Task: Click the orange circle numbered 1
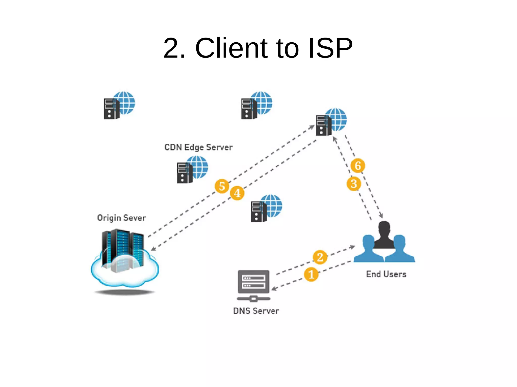click(x=311, y=274)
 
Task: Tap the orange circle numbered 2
click(x=320, y=257)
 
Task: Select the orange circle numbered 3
click(x=354, y=184)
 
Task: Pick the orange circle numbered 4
click(x=237, y=193)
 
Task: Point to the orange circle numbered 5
click(x=222, y=186)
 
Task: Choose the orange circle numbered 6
click(x=358, y=166)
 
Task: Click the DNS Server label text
click(x=256, y=311)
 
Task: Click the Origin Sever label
click(x=121, y=218)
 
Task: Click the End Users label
click(x=386, y=274)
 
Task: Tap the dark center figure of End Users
click(x=384, y=234)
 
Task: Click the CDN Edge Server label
click(x=198, y=147)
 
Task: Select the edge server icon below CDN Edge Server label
click(x=192, y=169)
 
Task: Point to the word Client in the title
click(x=231, y=48)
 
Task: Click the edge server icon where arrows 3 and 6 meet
click(x=331, y=122)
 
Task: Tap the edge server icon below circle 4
click(x=266, y=208)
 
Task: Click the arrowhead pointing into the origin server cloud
click(x=153, y=249)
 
